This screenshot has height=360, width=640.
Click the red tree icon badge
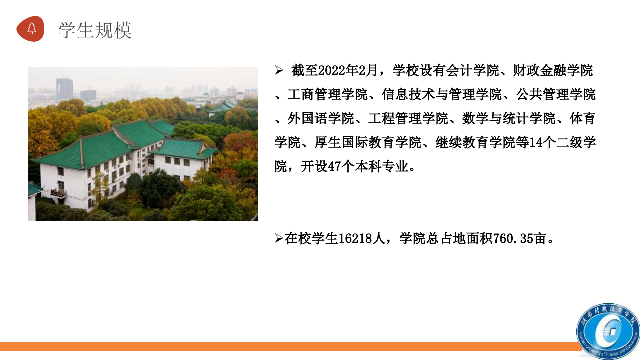point(30,29)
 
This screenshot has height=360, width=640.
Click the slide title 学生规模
point(95,30)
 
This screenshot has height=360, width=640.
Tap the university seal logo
point(608,331)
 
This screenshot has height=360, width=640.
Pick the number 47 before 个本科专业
point(335,166)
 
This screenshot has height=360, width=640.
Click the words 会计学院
point(473,70)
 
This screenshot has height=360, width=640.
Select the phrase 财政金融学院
point(553,70)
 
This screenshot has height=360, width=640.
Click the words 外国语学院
point(321,118)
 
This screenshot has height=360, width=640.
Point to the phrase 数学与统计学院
point(509,118)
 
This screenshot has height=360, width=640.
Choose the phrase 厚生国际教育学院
point(368,142)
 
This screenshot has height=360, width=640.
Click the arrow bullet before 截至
point(279,70)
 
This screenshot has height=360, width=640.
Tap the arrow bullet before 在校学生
point(279,238)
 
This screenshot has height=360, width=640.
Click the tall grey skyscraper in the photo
point(64,89)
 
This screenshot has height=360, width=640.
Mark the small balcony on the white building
point(58,193)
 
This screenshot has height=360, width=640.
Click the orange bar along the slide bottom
point(291,347)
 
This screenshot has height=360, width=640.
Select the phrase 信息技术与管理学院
point(441,94)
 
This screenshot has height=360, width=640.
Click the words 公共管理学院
point(556,94)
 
